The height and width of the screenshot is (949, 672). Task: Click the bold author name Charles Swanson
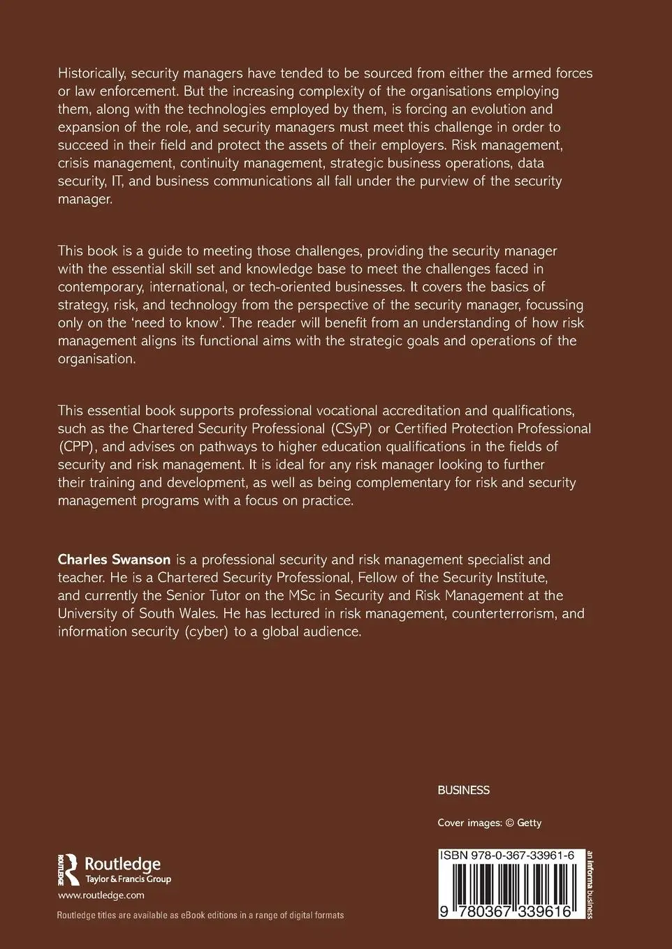115,560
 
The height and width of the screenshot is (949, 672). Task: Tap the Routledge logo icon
68,869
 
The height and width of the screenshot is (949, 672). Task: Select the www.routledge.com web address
101,895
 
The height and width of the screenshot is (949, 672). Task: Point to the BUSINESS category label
463,791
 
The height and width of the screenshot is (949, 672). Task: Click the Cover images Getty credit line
489,823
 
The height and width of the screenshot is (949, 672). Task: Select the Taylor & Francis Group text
128,879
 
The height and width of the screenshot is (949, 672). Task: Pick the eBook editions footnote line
200,916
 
